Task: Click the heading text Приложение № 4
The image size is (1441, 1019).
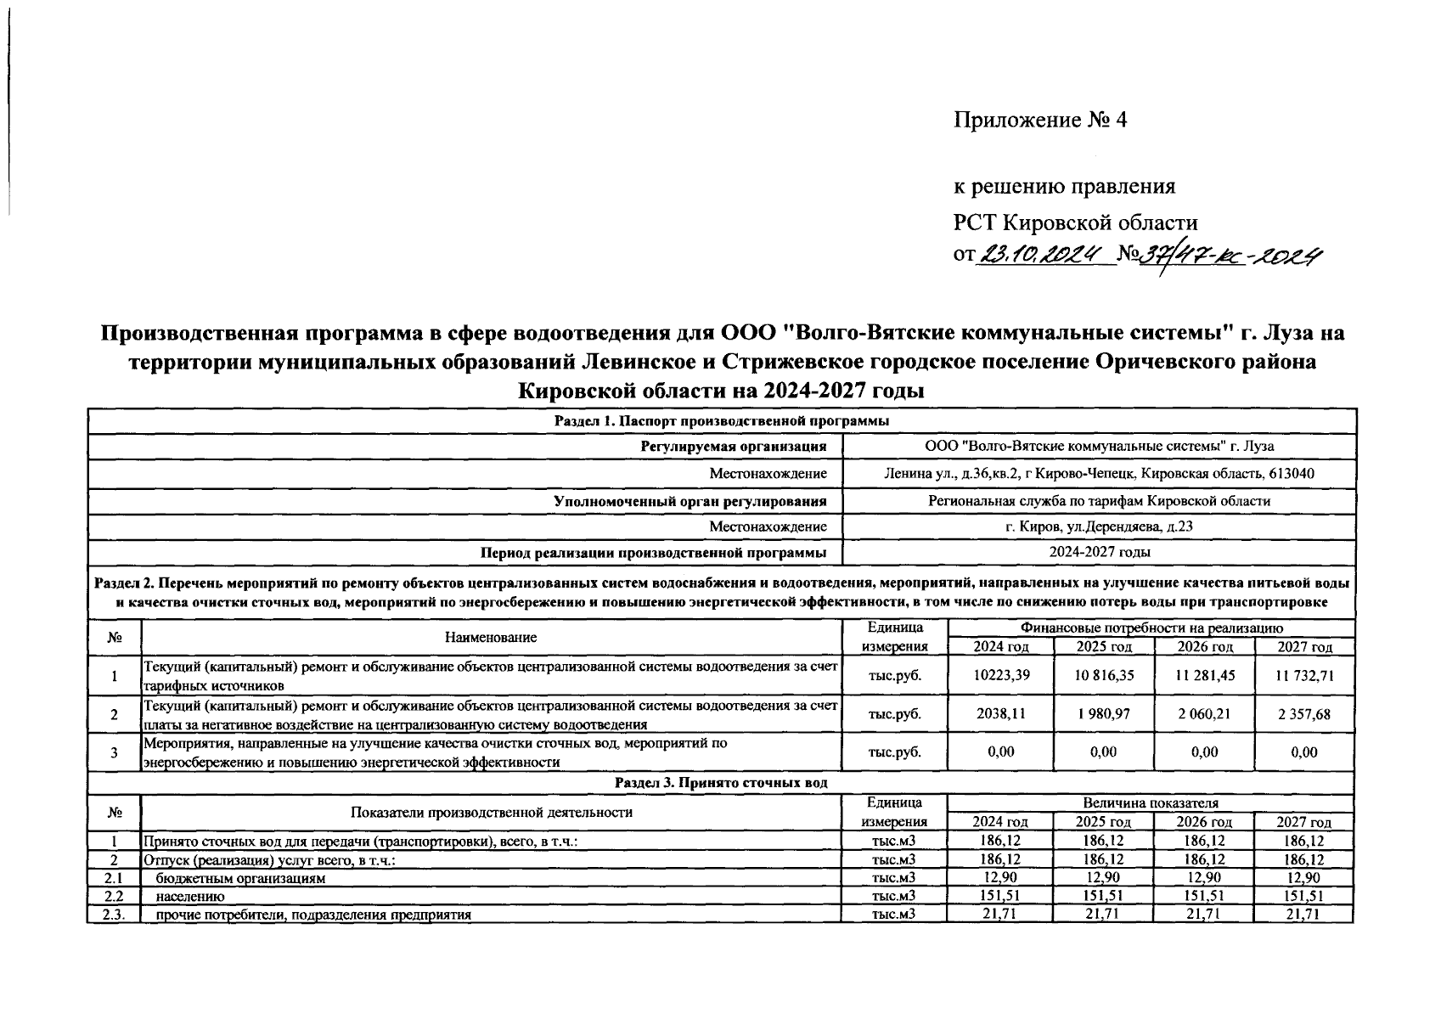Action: tap(1040, 121)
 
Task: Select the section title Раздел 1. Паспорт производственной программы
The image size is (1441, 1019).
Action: tap(721, 421)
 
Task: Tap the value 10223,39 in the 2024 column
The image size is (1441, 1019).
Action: tap(1000, 675)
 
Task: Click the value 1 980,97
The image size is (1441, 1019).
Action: tap(1103, 714)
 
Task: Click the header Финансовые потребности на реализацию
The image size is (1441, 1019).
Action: tap(1151, 628)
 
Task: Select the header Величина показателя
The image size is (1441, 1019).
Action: tap(1151, 803)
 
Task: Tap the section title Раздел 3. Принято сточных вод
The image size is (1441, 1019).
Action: tap(721, 783)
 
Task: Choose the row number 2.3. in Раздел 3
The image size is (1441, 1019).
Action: tap(114, 915)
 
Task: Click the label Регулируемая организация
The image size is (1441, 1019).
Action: tap(734, 447)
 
